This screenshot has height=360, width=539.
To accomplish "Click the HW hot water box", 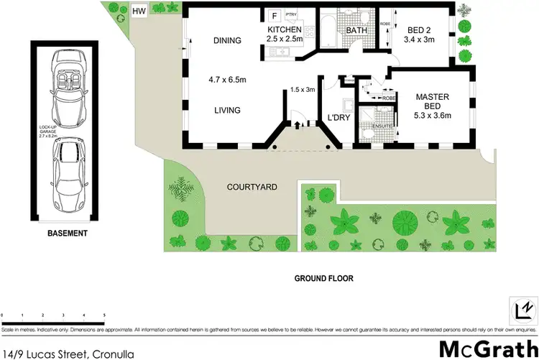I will click(x=138, y=11).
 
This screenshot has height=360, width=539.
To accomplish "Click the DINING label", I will click(x=227, y=42).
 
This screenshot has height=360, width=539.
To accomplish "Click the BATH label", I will click(x=356, y=31).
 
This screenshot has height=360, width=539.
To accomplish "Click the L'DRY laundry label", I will click(x=338, y=118).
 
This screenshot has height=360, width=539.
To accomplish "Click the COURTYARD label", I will click(x=252, y=187).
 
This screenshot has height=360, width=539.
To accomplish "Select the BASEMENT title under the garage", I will click(x=67, y=234).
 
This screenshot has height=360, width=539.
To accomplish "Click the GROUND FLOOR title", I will click(x=323, y=277).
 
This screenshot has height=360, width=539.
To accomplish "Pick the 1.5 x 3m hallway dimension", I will click(x=303, y=90).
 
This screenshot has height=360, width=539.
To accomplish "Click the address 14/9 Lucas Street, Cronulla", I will click(x=68, y=352).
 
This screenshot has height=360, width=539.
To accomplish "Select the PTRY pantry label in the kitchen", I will click(x=291, y=14).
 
